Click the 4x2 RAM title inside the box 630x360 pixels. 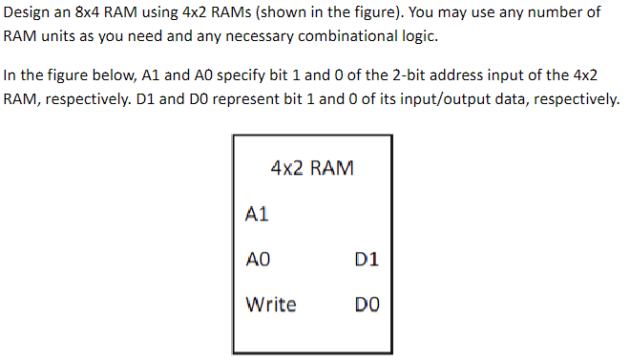pos(312,169)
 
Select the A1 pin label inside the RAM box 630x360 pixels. pos(257,215)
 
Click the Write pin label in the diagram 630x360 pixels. pos(271,305)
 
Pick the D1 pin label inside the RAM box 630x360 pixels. pos(367,259)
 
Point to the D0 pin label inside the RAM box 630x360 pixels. pos(367,306)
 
